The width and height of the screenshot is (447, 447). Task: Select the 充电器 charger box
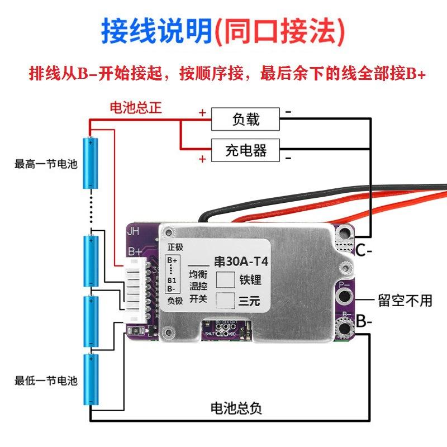(245, 150)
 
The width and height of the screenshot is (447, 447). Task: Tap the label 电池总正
(135, 107)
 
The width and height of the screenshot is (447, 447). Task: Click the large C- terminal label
(364, 251)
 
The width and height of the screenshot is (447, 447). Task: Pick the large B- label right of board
(364, 322)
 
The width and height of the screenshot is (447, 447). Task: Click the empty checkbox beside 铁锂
(225, 280)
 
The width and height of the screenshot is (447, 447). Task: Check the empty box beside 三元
(225, 301)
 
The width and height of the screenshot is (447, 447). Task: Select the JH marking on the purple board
(134, 231)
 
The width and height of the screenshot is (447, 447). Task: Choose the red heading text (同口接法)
(279, 32)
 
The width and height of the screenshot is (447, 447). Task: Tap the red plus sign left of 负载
(202, 112)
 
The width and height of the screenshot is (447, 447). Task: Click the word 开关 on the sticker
(197, 299)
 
